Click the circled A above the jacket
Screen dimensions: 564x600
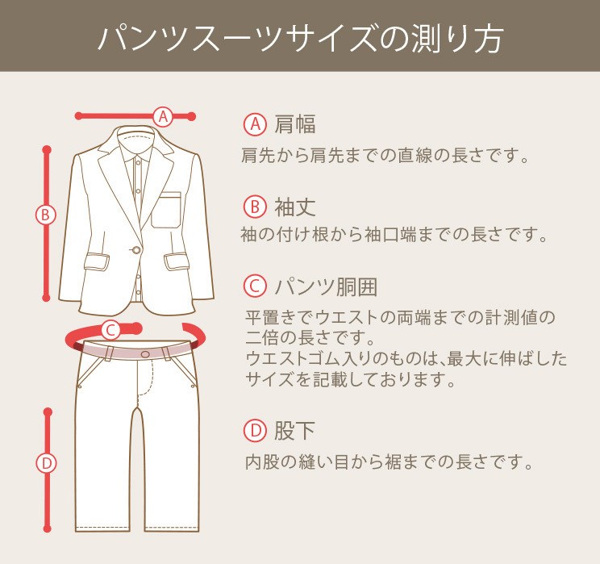click(x=164, y=116)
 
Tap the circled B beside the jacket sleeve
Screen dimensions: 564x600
click(x=47, y=215)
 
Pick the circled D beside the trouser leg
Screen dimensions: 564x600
click(x=47, y=463)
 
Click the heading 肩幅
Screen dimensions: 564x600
click(x=295, y=124)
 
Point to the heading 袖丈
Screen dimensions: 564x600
click(x=295, y=207)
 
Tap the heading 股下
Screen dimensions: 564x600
click(x=295, y=431)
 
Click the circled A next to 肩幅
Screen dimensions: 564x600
click(x=255, y=124)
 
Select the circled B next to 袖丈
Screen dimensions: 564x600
click(x=255, y=207)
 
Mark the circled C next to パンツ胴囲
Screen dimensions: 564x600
click(x=255, y=286)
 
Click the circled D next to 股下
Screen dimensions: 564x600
click(x=255, y=431)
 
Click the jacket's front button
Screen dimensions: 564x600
click(x=135, y=250)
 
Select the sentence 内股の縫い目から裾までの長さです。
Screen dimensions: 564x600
click(x=390, y=463)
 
